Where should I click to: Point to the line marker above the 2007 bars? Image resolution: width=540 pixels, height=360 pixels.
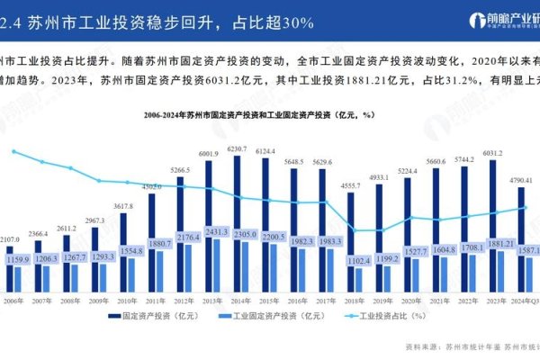click(42, 162)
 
